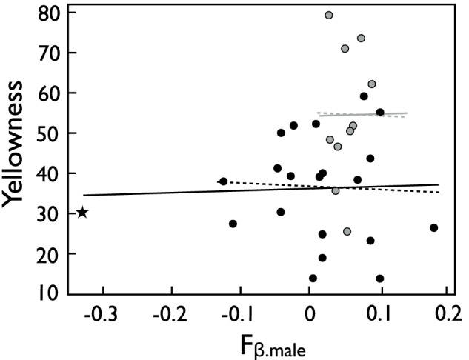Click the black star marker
point(82,213)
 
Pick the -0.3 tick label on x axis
point(99,312)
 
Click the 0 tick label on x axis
point(309,312)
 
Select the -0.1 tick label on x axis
point(239,312)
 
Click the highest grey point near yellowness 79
point(329,15)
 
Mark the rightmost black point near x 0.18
point(434,227)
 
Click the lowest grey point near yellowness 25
point(347,231)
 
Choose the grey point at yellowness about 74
point(361,38)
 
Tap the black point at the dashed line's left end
point(223,181)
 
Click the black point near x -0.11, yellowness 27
point(233,224)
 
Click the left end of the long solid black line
point(84,195)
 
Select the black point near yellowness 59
point(364,96)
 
